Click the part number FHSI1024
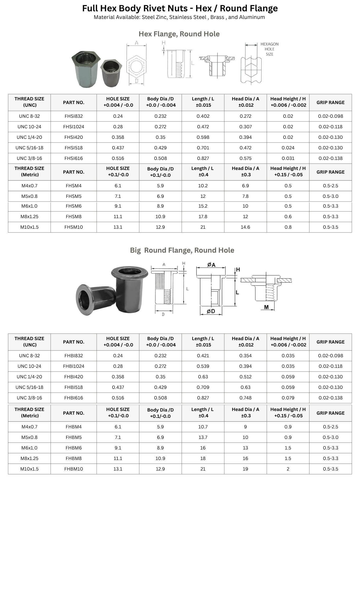pyautogui.click(x=74, y=127)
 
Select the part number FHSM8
pyautogui.click(x=74, y=217)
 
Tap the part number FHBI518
pyautogui.click(x=74, y=387)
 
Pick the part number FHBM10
pyautogui.click(x=74, y=469)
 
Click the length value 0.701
pyautogui.click(x=203, y=148)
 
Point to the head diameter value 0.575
pyautogui.click(x=245, y=158)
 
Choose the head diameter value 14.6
pyautogui.click(x=245, y=227)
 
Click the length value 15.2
pyautogui.click(x=203, y=206)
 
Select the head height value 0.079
pyautogui.click(x=288, y=398)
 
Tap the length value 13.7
pyautogui.click(x=203, y=437)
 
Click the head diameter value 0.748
pyautogui.click(x=245, y=398)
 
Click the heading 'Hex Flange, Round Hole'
pyautogui.click(x=179, y=34)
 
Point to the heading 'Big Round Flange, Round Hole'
pyautogui.click(x=182, y=250)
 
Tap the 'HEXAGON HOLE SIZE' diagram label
pyautogui.click(x=269, y=49)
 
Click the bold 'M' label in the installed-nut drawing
pyautogui.click(x=266, y=307)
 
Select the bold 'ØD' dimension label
pyautogui.click(x=211, y=311)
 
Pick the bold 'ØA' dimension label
pyautogui.click(x=211, y=265)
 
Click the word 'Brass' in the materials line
pyautogui.click(x=217, y=17)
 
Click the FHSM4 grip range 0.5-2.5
pyautogui.click(x=330, y=186)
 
